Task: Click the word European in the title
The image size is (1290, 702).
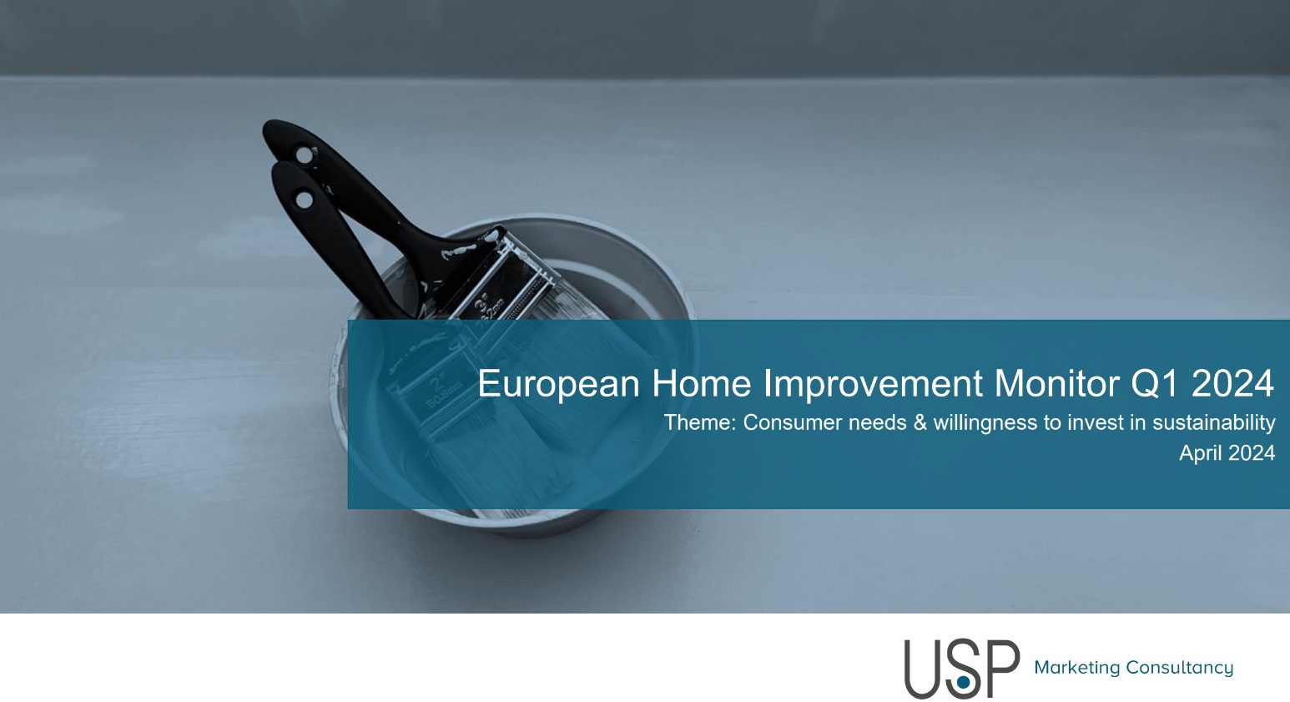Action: click(558, 384)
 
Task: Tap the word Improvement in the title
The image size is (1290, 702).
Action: click(873, 384)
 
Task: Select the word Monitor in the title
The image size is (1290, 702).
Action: click(1056, 383)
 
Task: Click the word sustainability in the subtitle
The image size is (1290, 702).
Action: click(1214, 423)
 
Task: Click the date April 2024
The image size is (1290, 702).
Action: click(1227, 453)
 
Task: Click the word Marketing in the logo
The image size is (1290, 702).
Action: click(1077, 668)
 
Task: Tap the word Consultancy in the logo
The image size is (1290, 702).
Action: click(1179, 668)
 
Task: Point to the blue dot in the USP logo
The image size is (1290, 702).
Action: click(963, 683)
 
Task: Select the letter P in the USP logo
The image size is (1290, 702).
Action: click(1003, 668)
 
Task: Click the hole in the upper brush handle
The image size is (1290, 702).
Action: click(303, 155)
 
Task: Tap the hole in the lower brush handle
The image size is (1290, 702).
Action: click(304, 199)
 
